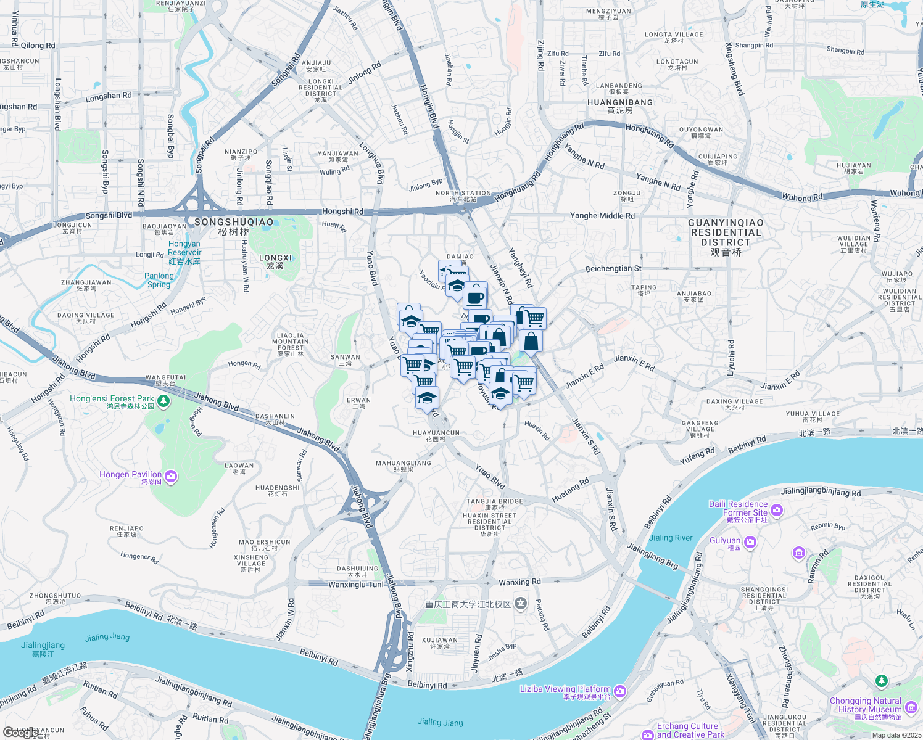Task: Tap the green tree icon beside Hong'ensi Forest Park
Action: click(x=163, y=401)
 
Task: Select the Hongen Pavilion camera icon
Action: click(x=171, y=476)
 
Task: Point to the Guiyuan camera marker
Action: click(x=750, y=542)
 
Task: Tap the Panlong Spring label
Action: click(x=159, y=280)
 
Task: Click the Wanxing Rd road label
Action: click(x=519, y=582)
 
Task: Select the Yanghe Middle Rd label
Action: click(x=602, y=216)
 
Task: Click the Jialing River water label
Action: click(x=671, y=538)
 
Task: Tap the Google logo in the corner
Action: click(x=20, y=732)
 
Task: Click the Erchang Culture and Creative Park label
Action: click(x=687, y=730)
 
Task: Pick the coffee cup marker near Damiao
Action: click(x=475, y=298)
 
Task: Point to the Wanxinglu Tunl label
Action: click(x=356, y=584)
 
